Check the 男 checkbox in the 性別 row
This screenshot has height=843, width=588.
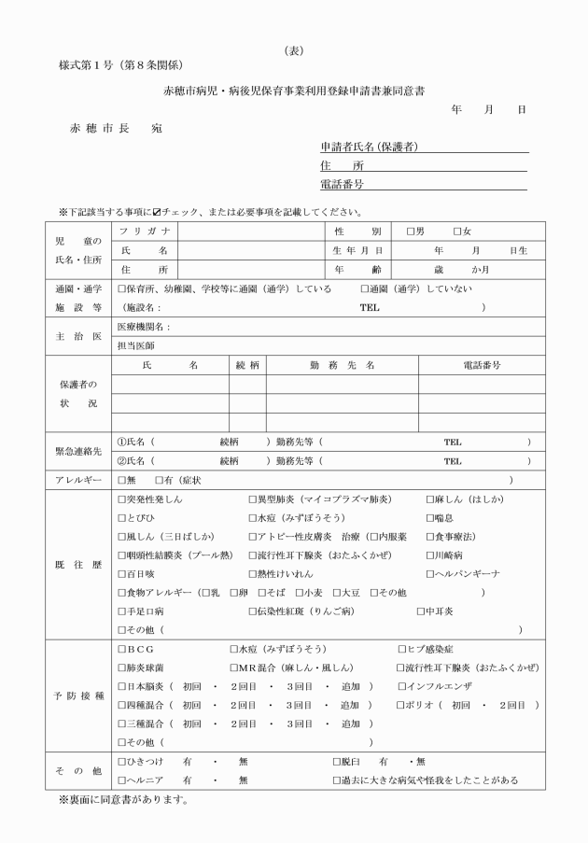tap(410, 232)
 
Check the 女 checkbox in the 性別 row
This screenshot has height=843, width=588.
tap(456, 232)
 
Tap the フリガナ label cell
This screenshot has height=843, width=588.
tap(145, 232)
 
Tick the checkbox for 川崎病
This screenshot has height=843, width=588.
tap(429, 553)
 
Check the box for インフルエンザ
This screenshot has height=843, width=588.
tap(401, 687)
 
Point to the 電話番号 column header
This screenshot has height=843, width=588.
tap(482, 365)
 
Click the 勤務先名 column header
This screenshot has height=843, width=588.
tap(342, 365)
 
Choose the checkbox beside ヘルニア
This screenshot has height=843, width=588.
tap(121, 780)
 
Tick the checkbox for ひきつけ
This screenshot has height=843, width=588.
tap(121, 762)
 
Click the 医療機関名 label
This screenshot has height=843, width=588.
tap(144, 328)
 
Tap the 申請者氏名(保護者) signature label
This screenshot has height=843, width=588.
tap(368, 147)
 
